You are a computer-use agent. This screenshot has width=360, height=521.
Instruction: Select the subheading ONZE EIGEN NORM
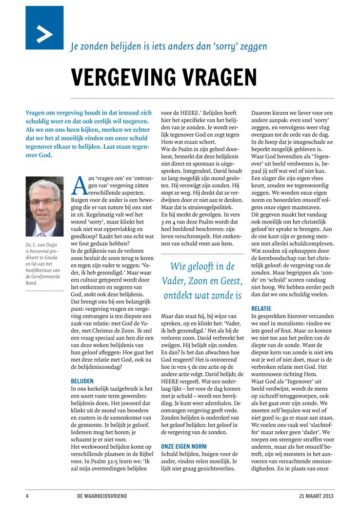tap(183, 446)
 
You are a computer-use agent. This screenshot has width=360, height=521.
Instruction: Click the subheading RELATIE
tap(262, 309)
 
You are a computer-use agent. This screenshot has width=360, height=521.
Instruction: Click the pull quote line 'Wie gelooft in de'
tap(202, 266)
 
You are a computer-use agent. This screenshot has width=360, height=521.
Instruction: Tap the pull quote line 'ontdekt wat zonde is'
tap(201, 295)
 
